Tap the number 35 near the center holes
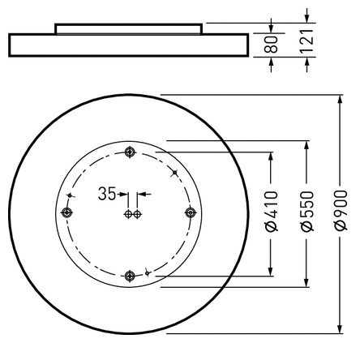pos(106,194)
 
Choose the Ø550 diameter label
pos(305,214)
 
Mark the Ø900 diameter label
pos(339,214)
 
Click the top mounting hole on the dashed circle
pos(130,152)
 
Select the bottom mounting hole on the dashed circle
pos(130,276)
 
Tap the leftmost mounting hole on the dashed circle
pos(67,213)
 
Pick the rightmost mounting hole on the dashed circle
pos(191,212)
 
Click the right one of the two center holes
pos(137,214)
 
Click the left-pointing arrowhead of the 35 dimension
pos(143,194)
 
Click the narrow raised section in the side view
pos(128,28)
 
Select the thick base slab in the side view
pos(128,45)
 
